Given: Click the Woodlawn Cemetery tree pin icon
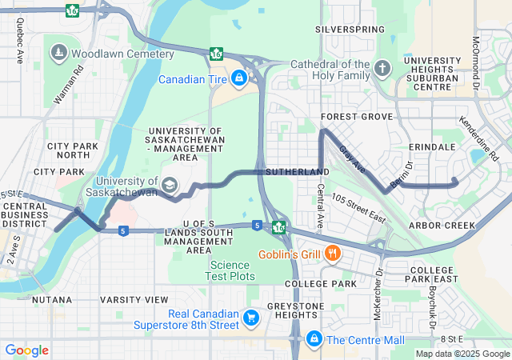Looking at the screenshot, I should [59, 54].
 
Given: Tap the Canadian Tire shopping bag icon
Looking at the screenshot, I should [238, 78].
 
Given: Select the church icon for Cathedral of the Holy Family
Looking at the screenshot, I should [382, 68].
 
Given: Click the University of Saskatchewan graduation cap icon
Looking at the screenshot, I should [169, 185].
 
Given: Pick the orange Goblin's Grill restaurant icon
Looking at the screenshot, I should [332, 254].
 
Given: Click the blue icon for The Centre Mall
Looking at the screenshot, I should [314, 339].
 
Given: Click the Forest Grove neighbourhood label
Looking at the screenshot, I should [357, 117].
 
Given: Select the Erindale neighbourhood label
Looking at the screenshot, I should [431, 147].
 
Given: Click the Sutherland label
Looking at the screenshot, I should [297, 172].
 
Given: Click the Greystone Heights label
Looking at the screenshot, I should [297, 311].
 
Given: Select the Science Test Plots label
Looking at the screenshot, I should [232, 270].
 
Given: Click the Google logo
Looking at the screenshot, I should [27, 350].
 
